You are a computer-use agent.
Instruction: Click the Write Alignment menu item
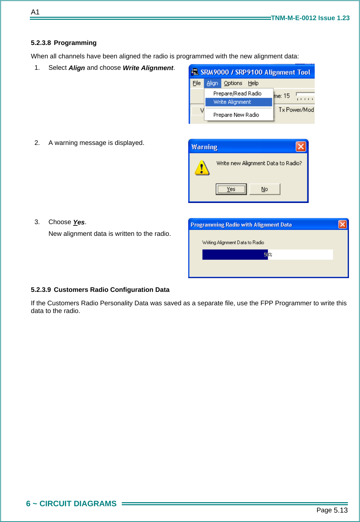(x=232, y=102)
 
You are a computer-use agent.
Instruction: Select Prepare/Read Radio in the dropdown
(x=237, y=94)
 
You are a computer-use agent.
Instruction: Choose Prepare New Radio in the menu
(x=236, y=115)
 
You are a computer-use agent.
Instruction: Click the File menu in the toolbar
(x=197, y=83)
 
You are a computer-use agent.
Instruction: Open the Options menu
(x=233, y=83)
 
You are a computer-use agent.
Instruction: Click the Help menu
(x=253, y=83)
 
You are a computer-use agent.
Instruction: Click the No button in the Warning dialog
(x=264, y=189)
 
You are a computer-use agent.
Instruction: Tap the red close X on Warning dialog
(x=301, y=147)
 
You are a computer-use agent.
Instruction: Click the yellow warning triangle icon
(x=202, y=168)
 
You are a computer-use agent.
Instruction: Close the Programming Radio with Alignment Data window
(x=342, y=224)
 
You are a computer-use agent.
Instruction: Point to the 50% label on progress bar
(x=268, y=255)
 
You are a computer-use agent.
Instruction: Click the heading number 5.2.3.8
(x=41, y=43)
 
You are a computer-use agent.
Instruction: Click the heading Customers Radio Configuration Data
(x=111, y=290)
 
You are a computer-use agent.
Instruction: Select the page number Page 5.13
(x=332, y=510)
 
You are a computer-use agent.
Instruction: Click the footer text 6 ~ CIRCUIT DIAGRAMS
(x=71, y=504)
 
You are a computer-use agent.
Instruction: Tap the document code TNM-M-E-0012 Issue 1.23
(x=310, y=18)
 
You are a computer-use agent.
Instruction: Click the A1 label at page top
(x=35, y=12)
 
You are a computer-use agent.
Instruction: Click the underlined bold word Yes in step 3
(x=79, y=222)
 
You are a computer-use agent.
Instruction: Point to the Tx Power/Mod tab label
(x=296, y=110)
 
